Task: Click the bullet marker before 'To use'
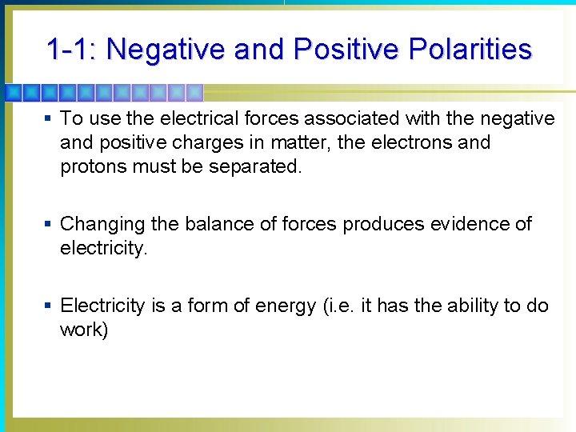48,118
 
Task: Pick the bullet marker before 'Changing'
48,224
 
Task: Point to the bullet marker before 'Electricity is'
48,306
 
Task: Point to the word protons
91,166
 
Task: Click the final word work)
83,330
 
